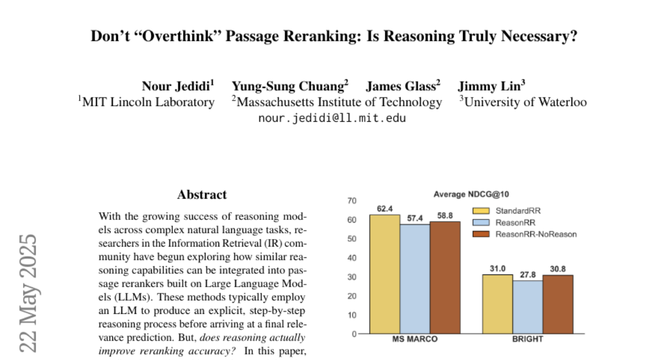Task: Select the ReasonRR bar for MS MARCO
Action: [415, 279]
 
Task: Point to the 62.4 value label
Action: [385, 209]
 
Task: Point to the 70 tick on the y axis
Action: [352, 201]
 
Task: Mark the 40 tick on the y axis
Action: [352, 258]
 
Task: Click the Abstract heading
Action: [202, 195]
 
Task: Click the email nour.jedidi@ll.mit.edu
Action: [332, 118]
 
